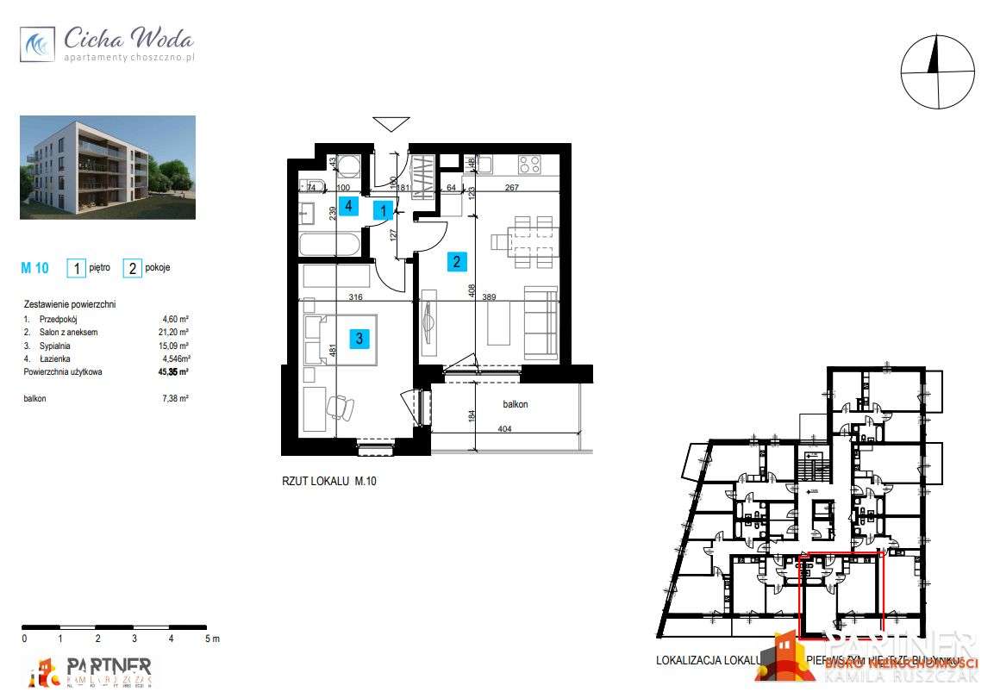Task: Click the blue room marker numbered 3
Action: pos(359,339)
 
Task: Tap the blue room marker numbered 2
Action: pos(457,261)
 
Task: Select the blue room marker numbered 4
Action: pos(347,206)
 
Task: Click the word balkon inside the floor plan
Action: pos(516,403)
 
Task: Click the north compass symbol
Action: pos(938,72)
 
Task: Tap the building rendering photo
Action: pos(108,167)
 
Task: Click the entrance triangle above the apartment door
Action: pos(391,123)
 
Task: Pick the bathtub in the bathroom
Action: pos(329,245)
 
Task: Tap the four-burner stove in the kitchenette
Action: pos(528,164)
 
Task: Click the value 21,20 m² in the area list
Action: pos(176,332)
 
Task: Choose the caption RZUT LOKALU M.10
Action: pos(328,482)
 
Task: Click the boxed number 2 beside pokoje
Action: pos(133,268)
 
